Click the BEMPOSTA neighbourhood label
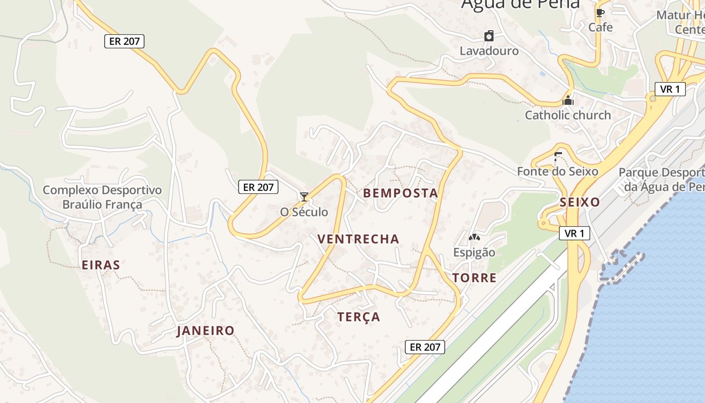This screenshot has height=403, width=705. coord(400,193)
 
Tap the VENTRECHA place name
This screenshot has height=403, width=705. coord(358,239)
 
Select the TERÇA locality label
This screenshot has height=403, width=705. coord(359,317)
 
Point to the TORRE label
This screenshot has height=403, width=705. coord(474,278)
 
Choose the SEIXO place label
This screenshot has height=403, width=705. coord(580,203)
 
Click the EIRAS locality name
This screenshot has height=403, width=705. coord(101,265)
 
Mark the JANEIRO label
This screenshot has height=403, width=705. coord(205,330)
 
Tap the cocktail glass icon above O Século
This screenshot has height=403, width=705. coord(304,196)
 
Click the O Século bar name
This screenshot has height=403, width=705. coord(304,212)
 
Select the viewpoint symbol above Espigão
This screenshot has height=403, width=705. coord(474,237)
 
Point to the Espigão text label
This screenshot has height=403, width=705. coord(474,252)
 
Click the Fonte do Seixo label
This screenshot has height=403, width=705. coord(557,171)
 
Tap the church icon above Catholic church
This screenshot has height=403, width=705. coord(568,100)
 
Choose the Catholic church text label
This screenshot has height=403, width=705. coord(568,115)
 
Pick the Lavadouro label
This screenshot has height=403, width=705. coord(489,51)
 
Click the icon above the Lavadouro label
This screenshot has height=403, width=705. coord(489,36)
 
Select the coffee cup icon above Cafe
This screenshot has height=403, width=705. coord(600,13)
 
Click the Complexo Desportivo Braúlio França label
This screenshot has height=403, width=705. coord(102,197)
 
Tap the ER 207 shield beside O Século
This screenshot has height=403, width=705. coord(258,187)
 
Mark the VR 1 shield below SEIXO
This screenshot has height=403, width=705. coord(574,233)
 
